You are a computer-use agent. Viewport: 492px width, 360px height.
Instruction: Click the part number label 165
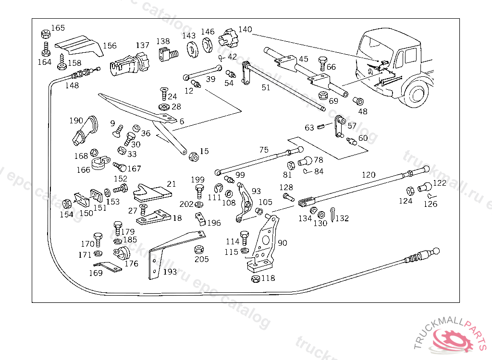pos(58,28)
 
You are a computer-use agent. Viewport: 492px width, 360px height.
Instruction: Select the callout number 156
pos(110,46)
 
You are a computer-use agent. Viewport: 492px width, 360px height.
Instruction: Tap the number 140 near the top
pos(245,30)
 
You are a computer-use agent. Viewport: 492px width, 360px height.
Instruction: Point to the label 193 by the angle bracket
pos(170,272)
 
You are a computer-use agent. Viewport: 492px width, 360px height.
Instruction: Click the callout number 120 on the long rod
pos(369,175)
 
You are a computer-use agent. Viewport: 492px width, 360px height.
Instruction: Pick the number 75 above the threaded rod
pos(264,150)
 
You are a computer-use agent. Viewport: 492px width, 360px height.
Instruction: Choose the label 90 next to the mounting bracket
pos(283,243)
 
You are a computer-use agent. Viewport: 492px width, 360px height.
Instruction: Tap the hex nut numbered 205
pos(198,251)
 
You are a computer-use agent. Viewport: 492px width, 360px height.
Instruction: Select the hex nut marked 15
pos(193,156)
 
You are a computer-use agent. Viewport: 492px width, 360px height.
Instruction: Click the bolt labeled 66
pos(322,62)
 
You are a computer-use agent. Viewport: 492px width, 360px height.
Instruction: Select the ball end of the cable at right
pos(436,251)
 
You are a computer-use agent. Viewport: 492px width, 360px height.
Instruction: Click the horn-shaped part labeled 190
pos(84,131)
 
